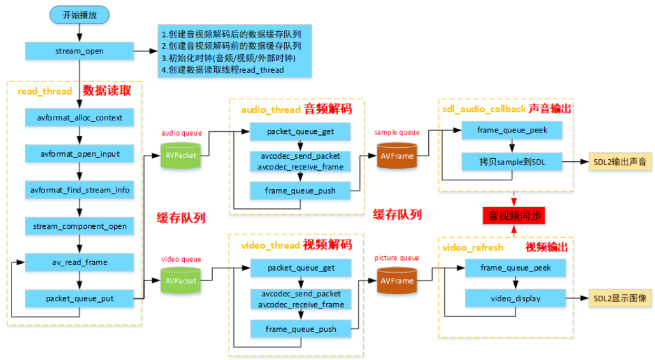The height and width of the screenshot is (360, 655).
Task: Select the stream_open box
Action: point(79,50)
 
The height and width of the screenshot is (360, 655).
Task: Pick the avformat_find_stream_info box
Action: point(79,190)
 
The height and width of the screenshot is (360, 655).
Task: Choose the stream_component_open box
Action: point(79,226)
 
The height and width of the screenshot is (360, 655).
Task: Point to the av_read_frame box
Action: point(79,262)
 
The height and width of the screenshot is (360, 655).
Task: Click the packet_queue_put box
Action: point(79,298)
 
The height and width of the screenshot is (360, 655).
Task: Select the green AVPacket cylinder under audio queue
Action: point(181,155)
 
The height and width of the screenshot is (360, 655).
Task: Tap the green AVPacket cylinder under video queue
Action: point(181,280)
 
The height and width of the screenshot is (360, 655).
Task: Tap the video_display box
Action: point(516,298)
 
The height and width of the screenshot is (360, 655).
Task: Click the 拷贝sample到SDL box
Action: point(512,162)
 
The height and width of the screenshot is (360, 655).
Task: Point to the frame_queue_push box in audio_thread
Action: point(301,190)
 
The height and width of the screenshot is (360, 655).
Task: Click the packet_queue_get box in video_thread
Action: point(301,268)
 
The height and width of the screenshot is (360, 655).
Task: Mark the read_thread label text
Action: point(45,91)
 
